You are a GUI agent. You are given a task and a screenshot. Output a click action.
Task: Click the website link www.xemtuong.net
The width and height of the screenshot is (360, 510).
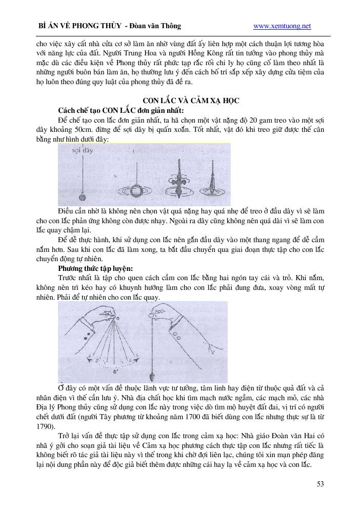(x=282, y=26)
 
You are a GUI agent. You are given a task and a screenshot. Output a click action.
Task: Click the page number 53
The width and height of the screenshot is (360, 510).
(x=321, y=483)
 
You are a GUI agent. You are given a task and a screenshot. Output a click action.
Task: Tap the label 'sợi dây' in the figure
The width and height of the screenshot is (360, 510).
(x=83, y=151)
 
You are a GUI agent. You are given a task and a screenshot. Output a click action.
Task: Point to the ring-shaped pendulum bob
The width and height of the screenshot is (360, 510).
(x=137, y=192)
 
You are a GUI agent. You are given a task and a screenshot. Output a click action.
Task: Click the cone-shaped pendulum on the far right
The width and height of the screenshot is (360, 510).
(x=212, y=183)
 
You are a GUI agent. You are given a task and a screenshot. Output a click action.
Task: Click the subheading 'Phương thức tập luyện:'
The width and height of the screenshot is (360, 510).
(x=96, y=268)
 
